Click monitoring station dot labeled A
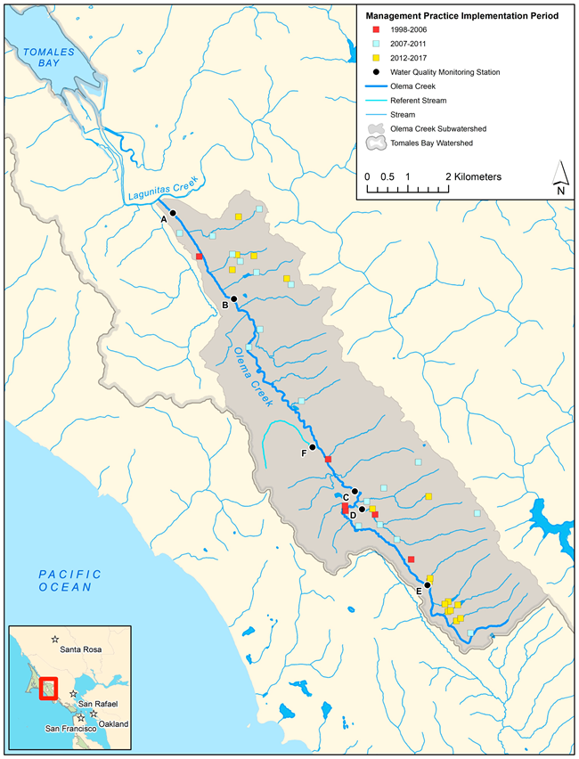point(173,213)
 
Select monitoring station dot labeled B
point(233,299)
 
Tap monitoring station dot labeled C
point(355,491)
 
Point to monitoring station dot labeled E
point(428,585)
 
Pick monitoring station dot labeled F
point(313,447)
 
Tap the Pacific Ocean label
point(69,580)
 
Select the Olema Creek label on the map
point(253,379)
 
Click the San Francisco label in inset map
point(76,729)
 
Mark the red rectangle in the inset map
point(49,689)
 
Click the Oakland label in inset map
point(113,723)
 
